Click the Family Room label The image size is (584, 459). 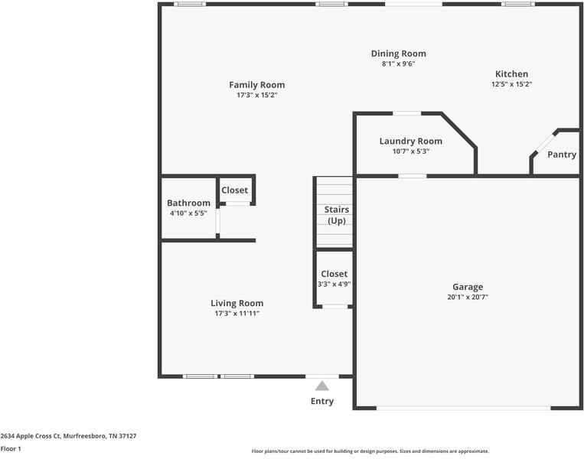click(x=256, y=85)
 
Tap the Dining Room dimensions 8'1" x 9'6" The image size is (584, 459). click(x=398, y=64)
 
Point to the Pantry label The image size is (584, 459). click(x=562, y=155)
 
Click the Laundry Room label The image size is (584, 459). click(x=410, y=141)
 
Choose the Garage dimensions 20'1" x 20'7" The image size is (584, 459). click(x=467, y=297)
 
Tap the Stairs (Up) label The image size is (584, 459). click(x=337, y=215)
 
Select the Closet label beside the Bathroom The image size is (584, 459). click(x=234, y=190)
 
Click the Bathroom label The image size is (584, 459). click(x=188, y=203)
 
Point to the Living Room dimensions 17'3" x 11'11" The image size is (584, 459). click(x=237, y=313)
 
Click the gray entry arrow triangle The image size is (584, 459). click(x=322, y=386)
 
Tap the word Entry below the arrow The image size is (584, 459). click(x=322, y=401)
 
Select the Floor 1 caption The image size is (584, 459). click(x=11, y=448)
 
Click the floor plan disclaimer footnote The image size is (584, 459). click(x=370, y=451)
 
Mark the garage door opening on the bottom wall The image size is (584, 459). click(x=463, y=408)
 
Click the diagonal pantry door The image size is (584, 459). click(x=545, y=143)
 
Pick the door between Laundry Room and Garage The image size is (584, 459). click(x=413, y=176)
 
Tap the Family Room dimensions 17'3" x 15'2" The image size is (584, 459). click(x=256, y=96)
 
